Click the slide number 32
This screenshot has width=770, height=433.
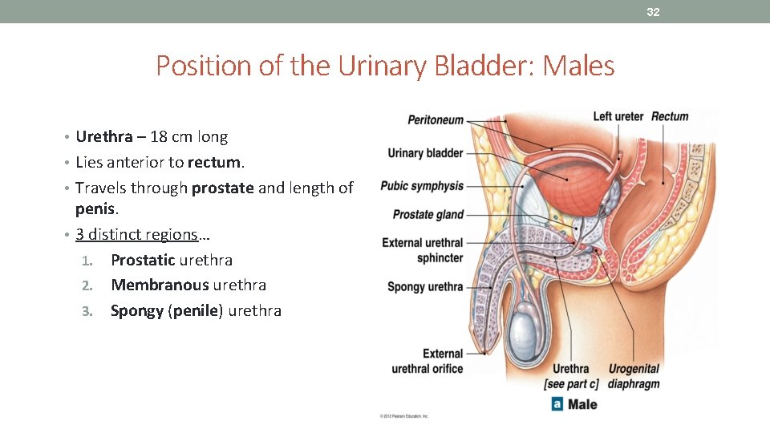tap(653, 12)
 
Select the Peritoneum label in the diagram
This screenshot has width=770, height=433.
tap(436, 120)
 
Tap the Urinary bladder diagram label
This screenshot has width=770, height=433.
tap(425, 153)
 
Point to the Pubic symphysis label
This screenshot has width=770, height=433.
tap(422, 186)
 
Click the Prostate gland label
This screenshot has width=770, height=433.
tap(428, 215)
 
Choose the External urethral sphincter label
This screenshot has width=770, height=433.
tap(423, 250)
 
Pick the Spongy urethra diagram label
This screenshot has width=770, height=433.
tap(425, 286)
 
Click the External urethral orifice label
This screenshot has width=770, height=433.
tap(428, 361)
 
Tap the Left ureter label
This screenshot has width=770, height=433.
tap(618, 117)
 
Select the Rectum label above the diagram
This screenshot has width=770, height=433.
tap(670, 117)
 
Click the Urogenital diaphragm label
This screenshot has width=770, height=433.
tap(634, 376)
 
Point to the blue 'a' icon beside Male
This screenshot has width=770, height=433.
tap(557, 404)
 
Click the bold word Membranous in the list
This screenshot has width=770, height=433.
tap(148, 285)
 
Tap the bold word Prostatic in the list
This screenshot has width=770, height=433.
tap(143, 260)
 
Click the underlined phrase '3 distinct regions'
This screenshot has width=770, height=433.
tap(136, 234)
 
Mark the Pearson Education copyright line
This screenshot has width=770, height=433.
tap(404, 416)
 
